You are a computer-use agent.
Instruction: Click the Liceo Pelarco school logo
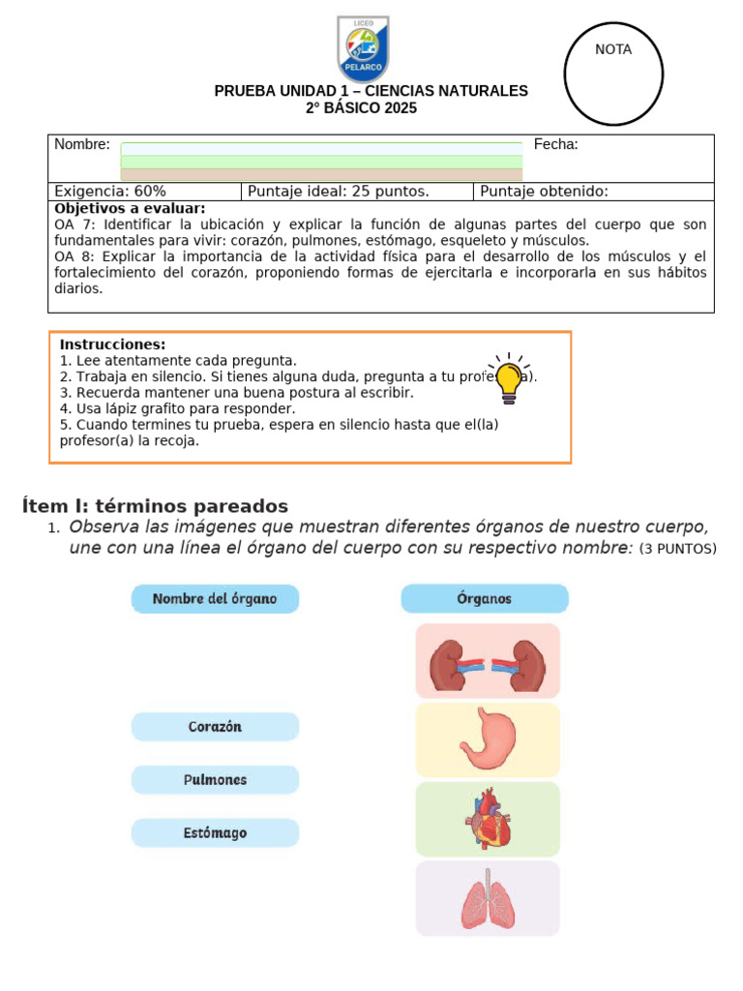(363, 47)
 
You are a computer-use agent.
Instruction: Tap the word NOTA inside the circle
(613, 49)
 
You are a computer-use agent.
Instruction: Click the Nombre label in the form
(82, 144)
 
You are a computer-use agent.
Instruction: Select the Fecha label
(556, 144)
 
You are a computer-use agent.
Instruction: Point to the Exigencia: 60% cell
(110, 192)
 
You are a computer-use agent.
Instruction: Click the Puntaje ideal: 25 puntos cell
(339, 192)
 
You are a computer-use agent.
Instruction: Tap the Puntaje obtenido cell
(544, 192)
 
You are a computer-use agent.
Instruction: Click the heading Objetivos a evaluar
(130, 208)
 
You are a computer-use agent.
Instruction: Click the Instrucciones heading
(112, 345)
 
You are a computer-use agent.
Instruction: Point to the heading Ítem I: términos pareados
(155, 506)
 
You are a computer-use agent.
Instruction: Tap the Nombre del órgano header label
(215, 599)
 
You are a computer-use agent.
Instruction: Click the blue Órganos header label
(485, 599)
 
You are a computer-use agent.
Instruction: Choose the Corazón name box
(215, 727)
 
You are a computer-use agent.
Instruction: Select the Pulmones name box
(215, 780)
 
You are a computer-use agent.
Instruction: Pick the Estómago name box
(215, 833)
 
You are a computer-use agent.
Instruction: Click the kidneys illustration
(488, 662)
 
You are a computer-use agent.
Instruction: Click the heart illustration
(488, 820)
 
